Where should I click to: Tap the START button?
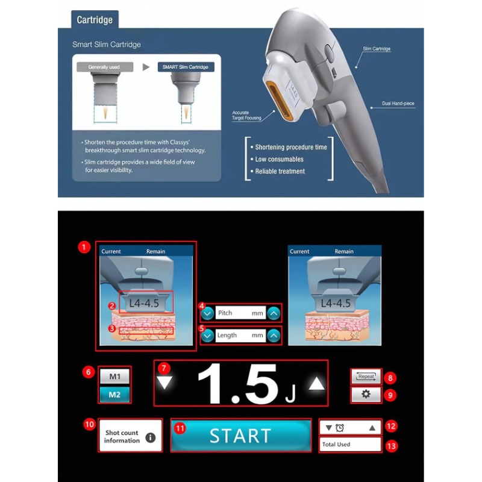[240, 435]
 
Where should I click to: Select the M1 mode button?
[114, 377]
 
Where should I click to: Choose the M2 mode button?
[114, 395]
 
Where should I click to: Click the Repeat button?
[366, 377]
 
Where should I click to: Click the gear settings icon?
[366, 394]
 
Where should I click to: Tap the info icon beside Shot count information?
[151, 437]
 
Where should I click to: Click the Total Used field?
[350, 445]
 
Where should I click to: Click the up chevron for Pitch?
[274, 313]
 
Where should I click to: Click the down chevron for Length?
[208, 336]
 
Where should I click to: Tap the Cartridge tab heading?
[95, 20]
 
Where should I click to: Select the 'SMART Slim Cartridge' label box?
[186, 67]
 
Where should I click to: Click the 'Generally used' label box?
[104, 67]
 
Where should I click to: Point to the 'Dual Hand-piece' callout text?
[398, 104]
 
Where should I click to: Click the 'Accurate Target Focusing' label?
[246, 115]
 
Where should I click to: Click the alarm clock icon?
[340, 428]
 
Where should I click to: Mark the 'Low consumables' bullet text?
[279, 159]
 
